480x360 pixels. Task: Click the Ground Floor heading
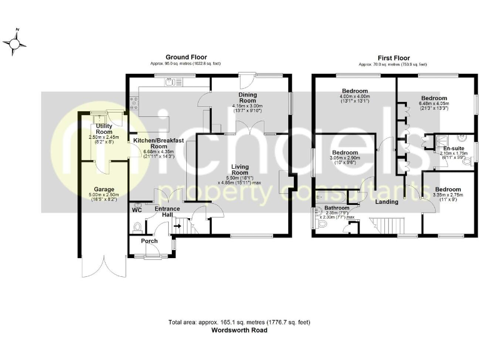coord(186,57)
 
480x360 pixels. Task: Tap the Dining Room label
coord(247,97)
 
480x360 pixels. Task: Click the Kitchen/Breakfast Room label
coord(158,144)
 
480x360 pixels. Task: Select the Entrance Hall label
coord(167,212)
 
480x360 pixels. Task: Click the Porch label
coord(149,241)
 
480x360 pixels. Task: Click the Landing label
coord(387,202)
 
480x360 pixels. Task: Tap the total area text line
coord(240,322)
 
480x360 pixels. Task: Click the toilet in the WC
coord(137,227)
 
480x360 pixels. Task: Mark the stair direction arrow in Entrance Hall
coord(178,226)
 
